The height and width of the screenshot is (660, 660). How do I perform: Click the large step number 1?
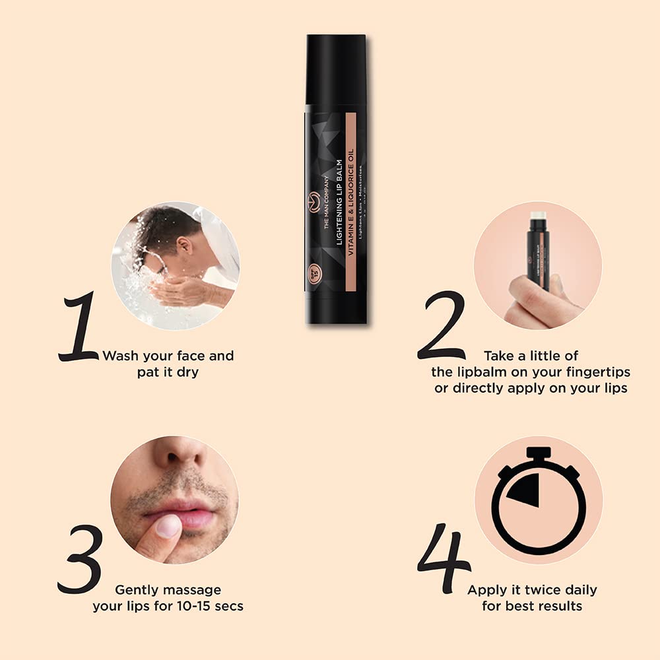tap(79, 328)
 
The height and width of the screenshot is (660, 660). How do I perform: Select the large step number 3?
tap(81, 558)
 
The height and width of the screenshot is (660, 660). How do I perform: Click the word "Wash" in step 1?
tap(121, 356)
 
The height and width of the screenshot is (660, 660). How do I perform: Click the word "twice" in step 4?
tap(528, 589)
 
